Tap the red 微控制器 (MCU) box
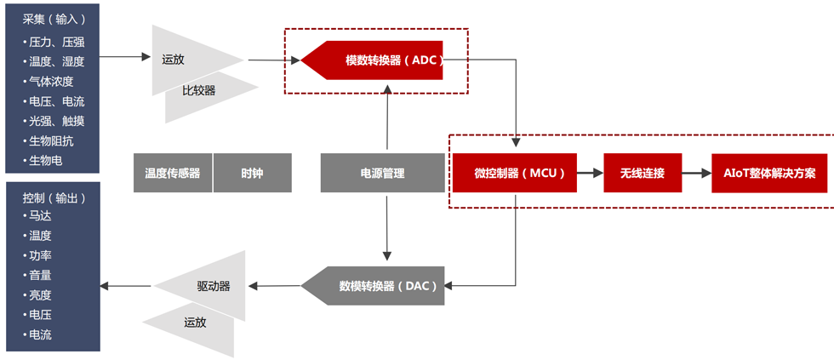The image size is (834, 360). (x=515, y=173)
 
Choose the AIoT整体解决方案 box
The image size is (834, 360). (x=768, y=173)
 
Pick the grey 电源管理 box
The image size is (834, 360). (x=382, y=173)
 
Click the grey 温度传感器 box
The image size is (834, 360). (x=172, y=173)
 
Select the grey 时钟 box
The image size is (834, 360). (x=252, y=173)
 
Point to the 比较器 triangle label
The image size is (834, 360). (x=199, y=89)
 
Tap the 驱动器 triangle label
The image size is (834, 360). (x=213, y=286)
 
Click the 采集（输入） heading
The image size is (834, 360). (x=54, y=19)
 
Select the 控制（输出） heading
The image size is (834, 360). (x=54, y=197)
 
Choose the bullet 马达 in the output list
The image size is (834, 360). (x=40, y=216)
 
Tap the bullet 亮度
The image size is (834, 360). (x=40, y=295)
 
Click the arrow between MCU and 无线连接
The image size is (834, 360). (x=590, y=173)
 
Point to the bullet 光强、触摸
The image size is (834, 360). (x=56, y=121)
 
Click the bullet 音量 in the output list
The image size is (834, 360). (x=40, y=275)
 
